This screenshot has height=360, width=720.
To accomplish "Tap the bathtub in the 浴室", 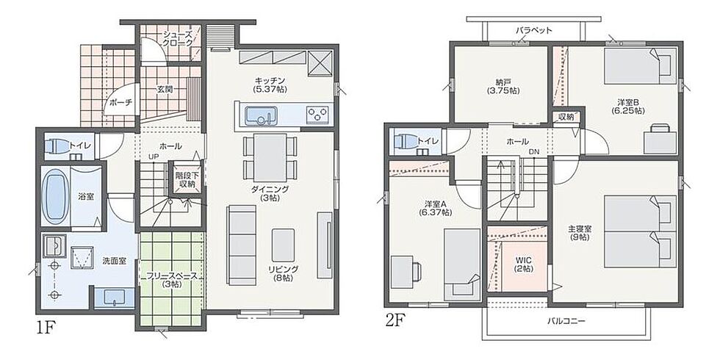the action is pos(54,196).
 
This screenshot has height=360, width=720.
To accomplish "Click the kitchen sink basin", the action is pos(260,115).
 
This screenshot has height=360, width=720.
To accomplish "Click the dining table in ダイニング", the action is pos(270,157).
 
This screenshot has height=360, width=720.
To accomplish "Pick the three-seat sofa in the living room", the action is pos(241,245).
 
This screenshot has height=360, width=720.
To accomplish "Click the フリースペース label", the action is pos(172,276).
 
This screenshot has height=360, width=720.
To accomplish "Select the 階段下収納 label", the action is pos(185,180).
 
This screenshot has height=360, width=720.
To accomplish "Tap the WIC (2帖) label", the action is pos(523,265).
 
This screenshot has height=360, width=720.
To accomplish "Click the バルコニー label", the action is pos(566,321).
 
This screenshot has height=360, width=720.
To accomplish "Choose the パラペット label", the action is pos(533,30).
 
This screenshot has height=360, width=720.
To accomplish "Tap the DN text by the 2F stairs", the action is pos(534,151).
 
